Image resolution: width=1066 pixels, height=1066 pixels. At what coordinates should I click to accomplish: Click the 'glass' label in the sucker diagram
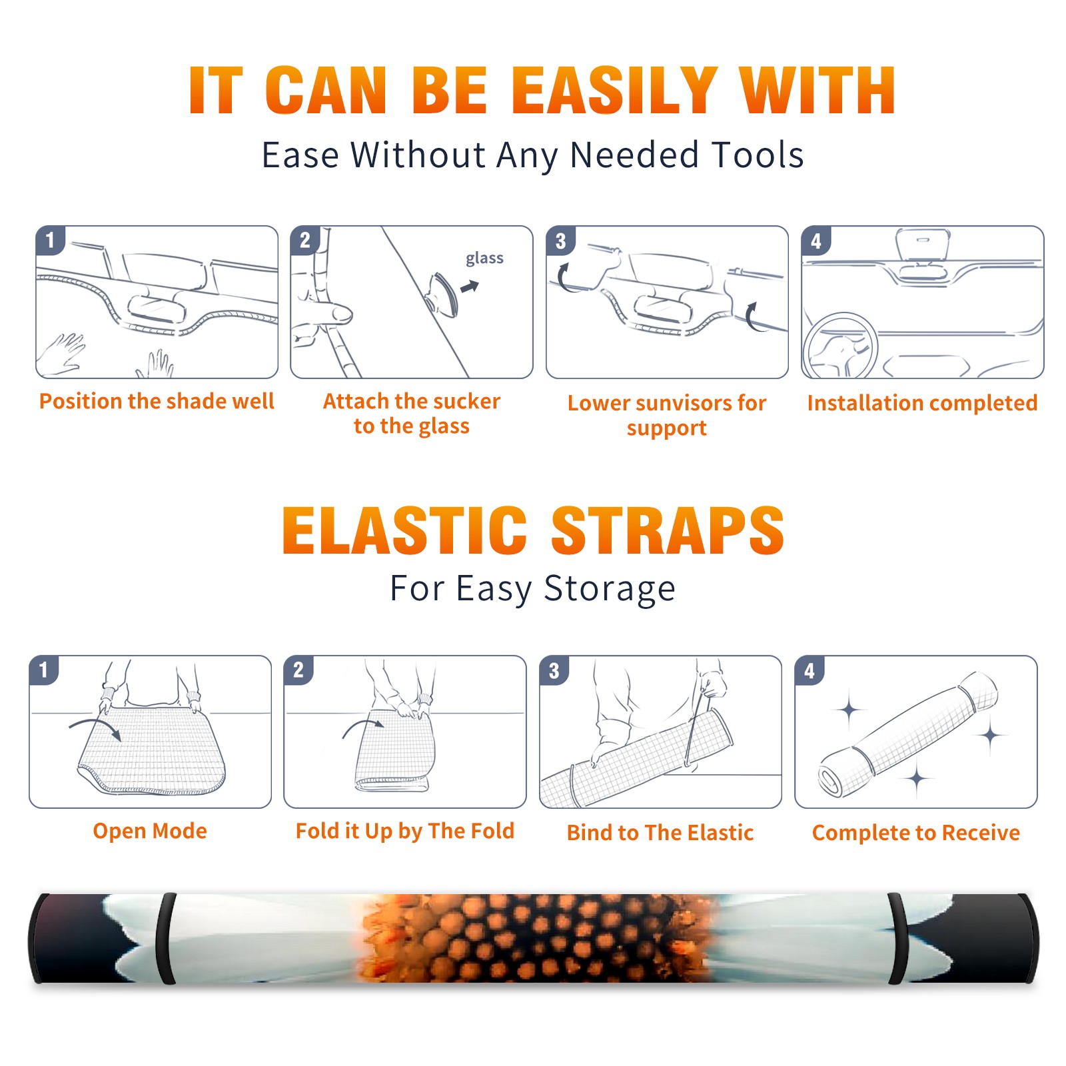(x=484, y=259)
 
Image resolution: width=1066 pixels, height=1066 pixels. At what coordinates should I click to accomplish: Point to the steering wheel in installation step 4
(x=841, y=347)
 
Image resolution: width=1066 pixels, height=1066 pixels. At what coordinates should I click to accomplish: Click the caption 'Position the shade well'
(x=157, y=401)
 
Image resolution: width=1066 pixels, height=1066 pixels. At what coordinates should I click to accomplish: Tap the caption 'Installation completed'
(x=922, y=403)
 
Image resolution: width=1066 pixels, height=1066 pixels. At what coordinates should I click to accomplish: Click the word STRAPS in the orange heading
(x=668, y=530)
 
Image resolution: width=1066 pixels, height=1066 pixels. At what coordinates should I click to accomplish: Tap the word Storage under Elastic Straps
(x=610, y=589)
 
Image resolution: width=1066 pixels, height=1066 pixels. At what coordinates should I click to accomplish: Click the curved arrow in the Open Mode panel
(x=95, y=728)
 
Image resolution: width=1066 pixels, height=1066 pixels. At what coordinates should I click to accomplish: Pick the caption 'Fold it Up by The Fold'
(x=405, y=831)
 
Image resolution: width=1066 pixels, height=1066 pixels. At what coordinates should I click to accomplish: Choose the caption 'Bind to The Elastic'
(x=660, y=833)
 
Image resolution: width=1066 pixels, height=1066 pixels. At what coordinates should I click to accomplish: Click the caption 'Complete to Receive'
(x=916, y=833)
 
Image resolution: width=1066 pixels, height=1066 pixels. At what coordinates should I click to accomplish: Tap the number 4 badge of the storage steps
(x=809, y=671)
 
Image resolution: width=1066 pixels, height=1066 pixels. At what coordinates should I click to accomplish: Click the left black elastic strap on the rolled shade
(x=167, y=938)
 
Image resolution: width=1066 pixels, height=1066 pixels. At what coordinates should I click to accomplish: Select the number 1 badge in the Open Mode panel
(x=44, y=670)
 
